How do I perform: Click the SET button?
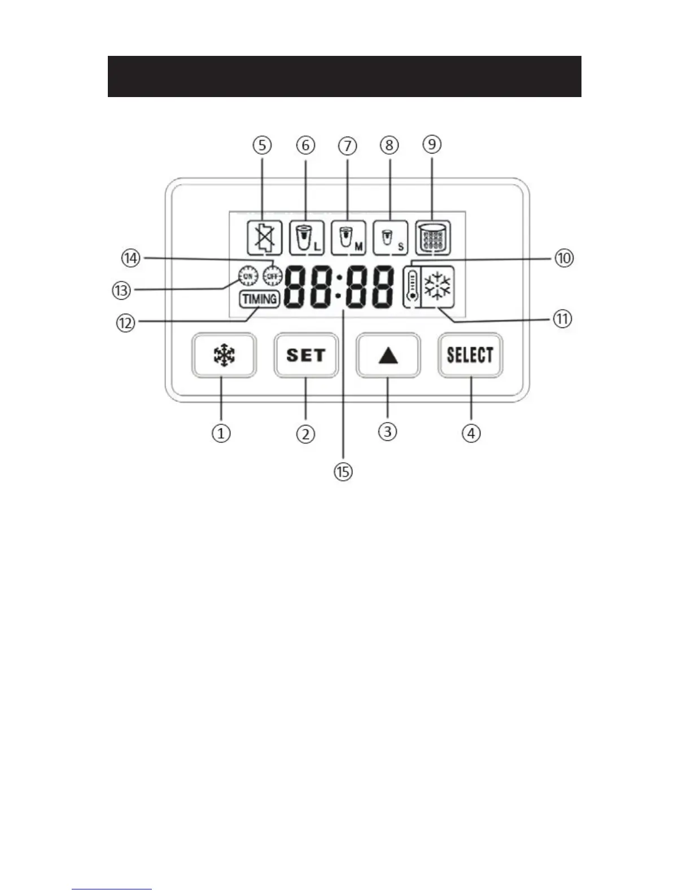tap(306, 355)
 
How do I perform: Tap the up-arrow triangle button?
tap(388, 356)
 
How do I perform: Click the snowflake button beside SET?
tap(224, 356)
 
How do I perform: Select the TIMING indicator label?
tap(260, 299)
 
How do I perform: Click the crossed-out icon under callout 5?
tap(265, 237)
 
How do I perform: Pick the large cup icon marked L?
tap(307, 237)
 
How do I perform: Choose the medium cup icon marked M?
tap(348, 237)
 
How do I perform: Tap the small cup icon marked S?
tap(390, 237)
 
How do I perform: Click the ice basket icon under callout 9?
tap(432, 237)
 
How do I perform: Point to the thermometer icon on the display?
tap(413, 286)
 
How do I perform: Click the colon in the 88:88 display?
tap(338, 286)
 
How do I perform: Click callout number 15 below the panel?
tap(343, 471)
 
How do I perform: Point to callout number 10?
tap(563, 258)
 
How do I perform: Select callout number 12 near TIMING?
tap(126, 323)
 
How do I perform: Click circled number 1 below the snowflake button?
tap(221, 433)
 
